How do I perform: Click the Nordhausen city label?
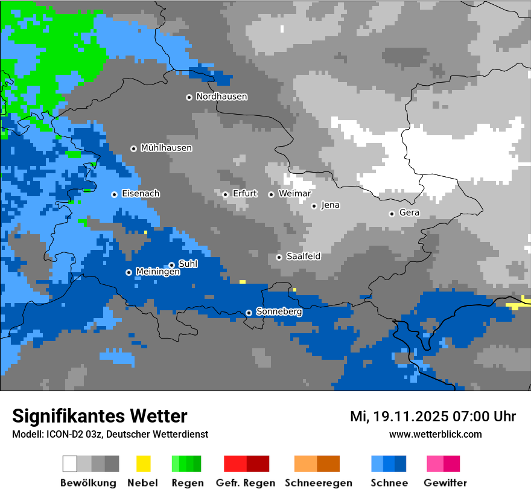[221, 97]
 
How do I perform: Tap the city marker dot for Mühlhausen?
[134, 148]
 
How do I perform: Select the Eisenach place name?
[141, 194]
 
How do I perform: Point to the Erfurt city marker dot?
[225, 194]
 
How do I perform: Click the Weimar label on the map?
[294, 194]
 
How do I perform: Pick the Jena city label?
[330, 205]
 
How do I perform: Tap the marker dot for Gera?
[392, 214]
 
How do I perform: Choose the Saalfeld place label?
[303, 257]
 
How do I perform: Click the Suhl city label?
[188, 264]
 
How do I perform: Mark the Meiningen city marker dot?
[129, 272]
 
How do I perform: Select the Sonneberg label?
[279, 312]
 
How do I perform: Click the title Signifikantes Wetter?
[100, 416]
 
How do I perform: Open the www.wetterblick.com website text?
[435, 434]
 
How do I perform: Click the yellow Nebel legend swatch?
[143, 464]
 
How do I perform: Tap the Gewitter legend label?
[445, 483]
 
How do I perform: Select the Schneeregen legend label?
[318, 483]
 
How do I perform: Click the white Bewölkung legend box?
[70, 464]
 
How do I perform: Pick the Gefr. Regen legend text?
[245, 483]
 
